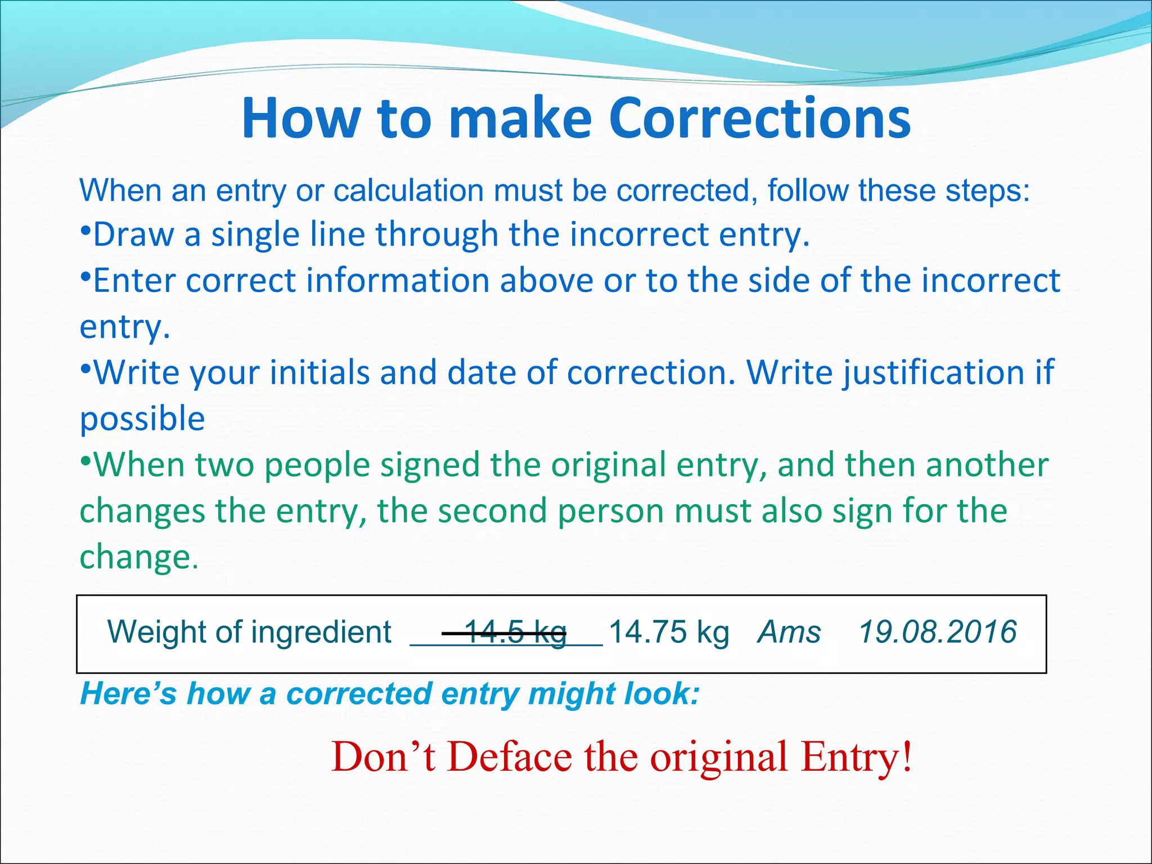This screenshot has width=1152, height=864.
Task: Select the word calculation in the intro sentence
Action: coord(408,191)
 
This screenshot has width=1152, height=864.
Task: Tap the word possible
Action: coord(142,419)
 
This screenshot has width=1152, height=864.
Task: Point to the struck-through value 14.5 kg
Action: coord(515,632)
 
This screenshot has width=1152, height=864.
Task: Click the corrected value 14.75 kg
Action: coord(669,632)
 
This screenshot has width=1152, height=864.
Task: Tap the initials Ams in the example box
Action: coord(789,632)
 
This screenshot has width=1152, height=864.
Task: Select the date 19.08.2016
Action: coord(938,632)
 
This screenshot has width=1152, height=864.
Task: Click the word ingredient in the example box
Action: coord(321,632)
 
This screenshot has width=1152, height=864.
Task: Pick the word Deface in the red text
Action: coord(510,757)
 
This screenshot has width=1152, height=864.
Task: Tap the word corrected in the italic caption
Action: coord(359,694)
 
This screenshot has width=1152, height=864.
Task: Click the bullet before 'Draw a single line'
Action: coord(85,231)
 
